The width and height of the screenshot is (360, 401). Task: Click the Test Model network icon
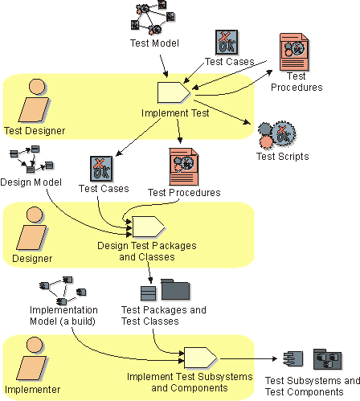point(153,18)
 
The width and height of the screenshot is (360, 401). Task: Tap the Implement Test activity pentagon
point(174,92)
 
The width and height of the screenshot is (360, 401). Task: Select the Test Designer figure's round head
point(37,87)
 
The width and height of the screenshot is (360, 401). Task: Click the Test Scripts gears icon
point(277,135)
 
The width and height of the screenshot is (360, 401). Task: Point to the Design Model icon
point(31,159)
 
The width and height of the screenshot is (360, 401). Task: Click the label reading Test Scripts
point(283,157)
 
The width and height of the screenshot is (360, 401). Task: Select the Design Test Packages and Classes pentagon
point(149,227)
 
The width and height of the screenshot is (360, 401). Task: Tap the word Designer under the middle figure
point(32,259)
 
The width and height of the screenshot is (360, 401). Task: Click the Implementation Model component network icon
point(63,291)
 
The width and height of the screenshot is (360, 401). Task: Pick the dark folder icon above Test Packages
point(175,290)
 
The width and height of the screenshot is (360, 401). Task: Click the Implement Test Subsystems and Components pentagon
point(201,358)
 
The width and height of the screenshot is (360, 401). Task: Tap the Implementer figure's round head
point(35,345)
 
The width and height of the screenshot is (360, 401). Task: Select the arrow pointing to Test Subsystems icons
point(248,358)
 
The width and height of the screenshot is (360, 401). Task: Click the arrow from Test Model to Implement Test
point(164,66)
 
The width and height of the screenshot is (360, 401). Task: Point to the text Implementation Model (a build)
point(63,316)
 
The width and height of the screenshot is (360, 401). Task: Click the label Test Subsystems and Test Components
point(313,387)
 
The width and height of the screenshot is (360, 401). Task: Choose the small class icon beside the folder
point(149,293)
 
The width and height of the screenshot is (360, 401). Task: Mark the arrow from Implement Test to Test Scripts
point(222,113)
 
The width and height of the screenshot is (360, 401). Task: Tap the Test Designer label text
point(35,131)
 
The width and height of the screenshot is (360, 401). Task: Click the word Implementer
point(32,390)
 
